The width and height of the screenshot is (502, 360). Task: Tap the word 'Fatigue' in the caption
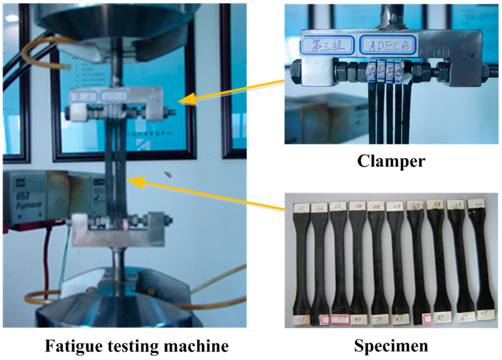(69, 346)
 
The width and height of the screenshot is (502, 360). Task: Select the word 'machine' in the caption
(200, 346)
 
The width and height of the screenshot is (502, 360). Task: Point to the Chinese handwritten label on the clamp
(326, 46)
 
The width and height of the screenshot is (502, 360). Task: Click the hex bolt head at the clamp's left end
(297, 72)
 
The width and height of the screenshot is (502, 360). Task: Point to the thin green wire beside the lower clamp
(62, 265)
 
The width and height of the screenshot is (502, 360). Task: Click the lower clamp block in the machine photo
(118, 231)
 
